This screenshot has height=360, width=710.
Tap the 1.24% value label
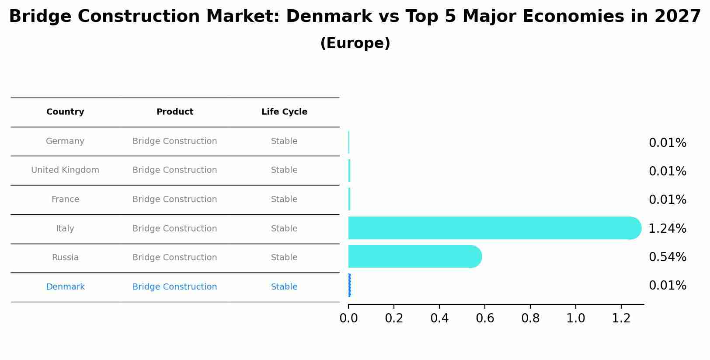click(667, 229)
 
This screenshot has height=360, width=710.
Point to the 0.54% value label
click(667, 257)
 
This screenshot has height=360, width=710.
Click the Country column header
click(65, 112)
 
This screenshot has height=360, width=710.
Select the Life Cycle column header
click(284, 112)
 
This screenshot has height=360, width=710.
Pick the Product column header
click(174, 112)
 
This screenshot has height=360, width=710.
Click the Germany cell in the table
click(65, 141)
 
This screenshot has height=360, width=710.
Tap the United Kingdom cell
click(65, 170)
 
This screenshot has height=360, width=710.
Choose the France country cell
click(65, 199)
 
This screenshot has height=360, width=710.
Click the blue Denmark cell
click(65, 287)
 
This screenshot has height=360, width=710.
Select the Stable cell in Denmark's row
click(284, 287)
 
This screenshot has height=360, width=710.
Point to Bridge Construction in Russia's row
click(174, 258)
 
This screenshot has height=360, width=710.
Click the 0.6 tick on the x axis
click(485, 318)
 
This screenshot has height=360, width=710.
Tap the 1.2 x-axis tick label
click(621, 318)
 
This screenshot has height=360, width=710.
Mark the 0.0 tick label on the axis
click(348, 318)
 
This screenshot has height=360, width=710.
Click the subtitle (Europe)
click(355, 43)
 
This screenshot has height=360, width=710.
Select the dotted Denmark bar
click(349, 285)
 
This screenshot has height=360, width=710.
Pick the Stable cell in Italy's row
click(284, 229)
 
